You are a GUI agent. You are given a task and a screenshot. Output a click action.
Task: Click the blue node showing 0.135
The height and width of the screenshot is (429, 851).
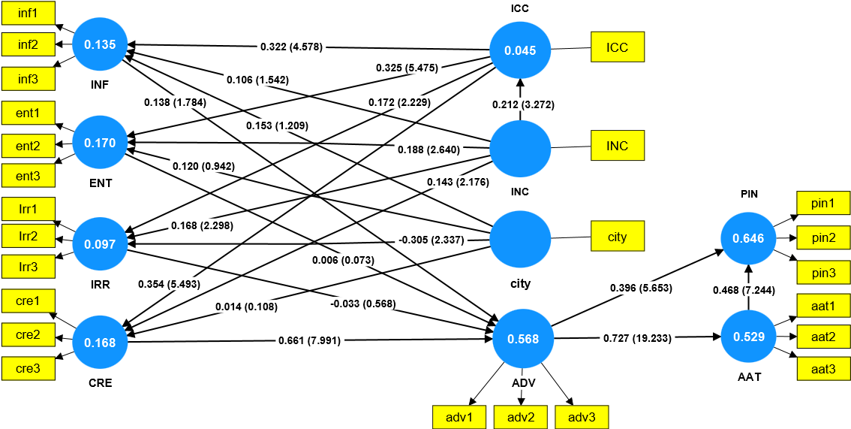click(x=100, y=45)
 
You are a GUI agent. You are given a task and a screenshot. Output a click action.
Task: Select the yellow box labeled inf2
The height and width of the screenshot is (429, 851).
click(x=29, y=45)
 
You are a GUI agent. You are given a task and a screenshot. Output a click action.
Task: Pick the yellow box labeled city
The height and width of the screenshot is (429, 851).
click(x=618, y=237)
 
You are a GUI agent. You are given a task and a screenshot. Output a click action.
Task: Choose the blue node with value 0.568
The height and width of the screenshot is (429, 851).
click(x=522, y=339)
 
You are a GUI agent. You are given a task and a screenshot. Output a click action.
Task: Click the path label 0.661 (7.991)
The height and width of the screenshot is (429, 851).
click(x=309, y=340)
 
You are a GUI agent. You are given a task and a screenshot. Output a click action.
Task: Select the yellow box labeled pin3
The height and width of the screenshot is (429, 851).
click(x=822, y=270)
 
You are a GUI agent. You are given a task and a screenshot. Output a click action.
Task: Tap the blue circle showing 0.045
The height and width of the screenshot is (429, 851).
click(x=520, y=51)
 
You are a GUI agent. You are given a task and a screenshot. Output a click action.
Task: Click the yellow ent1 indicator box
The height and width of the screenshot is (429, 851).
click(x=29, y=114)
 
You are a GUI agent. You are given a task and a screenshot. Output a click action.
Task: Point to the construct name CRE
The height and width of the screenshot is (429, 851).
click(x=100, y=382)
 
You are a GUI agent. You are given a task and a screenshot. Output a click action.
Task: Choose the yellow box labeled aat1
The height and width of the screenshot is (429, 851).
click(x=822, y=305)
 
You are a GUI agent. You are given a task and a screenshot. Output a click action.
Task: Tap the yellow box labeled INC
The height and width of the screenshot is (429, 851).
click(x=618, y=145)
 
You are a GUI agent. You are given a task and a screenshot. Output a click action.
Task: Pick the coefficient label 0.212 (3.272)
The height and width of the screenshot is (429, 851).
click(x=523, y=104)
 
